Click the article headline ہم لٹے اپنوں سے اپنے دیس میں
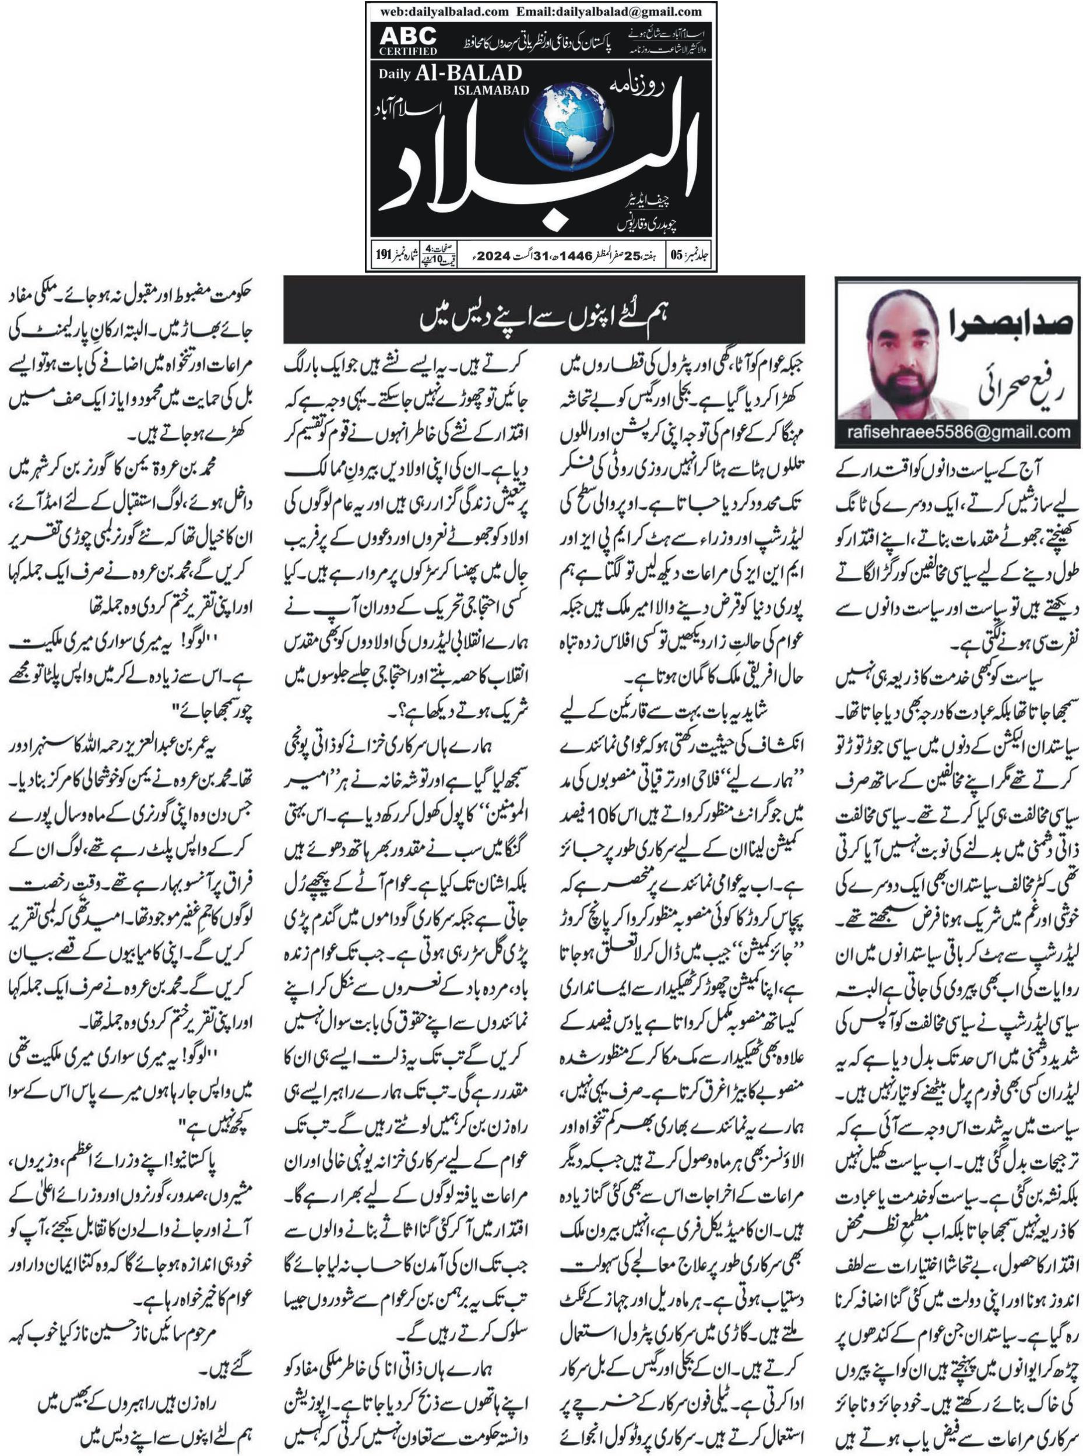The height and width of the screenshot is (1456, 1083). pyautogui.click(x=543, y=319)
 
